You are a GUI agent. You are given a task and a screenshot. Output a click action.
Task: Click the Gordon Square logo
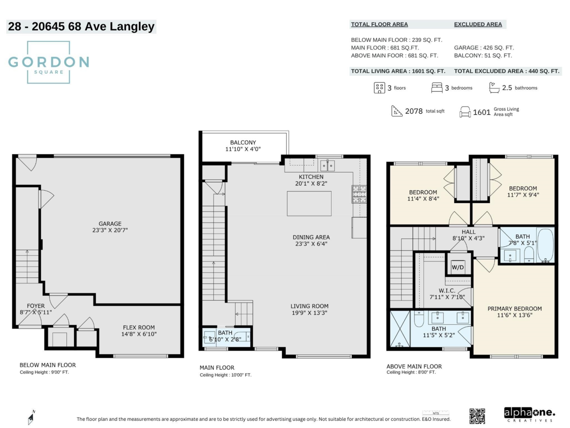48,62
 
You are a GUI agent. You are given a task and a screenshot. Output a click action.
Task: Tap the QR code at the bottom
477,416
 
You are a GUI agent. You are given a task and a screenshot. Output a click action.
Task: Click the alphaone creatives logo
529,415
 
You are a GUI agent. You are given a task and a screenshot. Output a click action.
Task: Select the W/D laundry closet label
457,267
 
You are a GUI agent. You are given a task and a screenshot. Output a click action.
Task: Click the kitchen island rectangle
309,204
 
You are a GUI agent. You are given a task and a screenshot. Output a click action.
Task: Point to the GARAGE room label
110,227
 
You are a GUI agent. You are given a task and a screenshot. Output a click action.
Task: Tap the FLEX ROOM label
139,331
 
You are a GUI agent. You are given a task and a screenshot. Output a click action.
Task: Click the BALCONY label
243,146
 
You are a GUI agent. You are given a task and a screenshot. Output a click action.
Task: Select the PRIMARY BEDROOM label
514,312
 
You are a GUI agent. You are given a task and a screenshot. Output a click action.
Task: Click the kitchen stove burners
359,194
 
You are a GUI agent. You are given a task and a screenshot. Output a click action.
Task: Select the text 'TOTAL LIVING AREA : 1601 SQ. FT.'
398,71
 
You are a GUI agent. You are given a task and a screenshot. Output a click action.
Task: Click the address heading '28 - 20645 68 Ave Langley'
81,27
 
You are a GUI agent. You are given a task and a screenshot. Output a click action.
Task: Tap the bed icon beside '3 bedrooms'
437,88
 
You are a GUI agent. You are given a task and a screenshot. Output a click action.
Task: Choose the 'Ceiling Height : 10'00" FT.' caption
226,375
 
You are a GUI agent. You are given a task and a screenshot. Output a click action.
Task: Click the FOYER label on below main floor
36,309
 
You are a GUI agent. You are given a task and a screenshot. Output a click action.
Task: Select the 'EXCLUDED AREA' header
478,24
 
